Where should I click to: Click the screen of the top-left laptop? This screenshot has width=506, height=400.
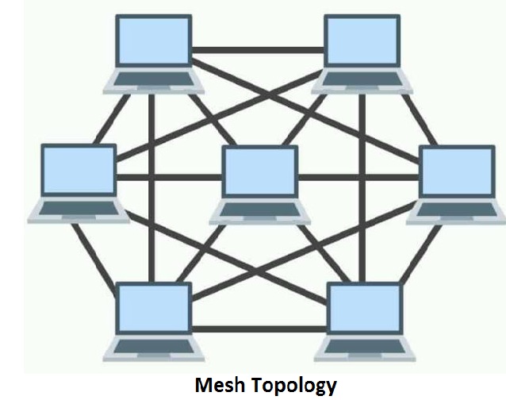pos(154,42)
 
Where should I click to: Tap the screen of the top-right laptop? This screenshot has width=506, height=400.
pos(362,42)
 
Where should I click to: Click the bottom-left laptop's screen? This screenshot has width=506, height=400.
pos(154,309)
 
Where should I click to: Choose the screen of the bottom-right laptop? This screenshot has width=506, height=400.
pos(363,309)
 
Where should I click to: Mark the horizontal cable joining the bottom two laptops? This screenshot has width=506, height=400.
pos(258,327)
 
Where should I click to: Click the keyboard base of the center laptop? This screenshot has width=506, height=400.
pos(259,210)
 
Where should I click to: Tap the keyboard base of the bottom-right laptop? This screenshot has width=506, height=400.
pos(363,347)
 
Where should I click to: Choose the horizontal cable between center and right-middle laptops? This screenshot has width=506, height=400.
pos(357,176)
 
